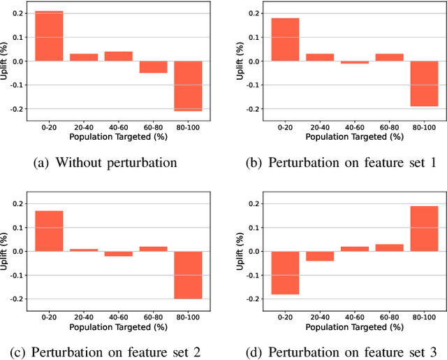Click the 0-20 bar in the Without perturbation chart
[49, 36]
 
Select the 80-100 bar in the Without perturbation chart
[188, 86]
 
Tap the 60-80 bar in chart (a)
[153, 67]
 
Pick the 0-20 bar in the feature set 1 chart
[285, 40]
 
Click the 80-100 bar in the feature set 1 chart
[424, 84]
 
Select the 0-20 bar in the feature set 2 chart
[49, 231]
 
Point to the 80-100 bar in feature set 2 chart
[188, 275]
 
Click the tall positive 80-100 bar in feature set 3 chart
[424, 229]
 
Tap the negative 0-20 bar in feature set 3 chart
[285, 273]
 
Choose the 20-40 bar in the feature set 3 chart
[320, 256]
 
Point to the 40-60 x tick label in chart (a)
[118, 128]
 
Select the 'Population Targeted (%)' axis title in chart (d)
[355, 327]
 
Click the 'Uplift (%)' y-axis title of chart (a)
[5, 62]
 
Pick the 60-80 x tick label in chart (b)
[389, 128]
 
